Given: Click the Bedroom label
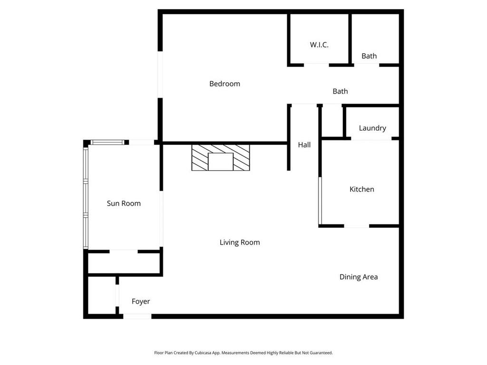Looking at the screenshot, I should (224, 84).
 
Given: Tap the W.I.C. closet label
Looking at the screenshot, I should (319, 45).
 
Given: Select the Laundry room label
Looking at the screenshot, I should (372, 128).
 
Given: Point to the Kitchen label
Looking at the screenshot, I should (361, 189).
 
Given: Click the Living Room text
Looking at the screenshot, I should (240, 242).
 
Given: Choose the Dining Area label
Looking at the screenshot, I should (359, 277).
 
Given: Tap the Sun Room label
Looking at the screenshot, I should (124, 203).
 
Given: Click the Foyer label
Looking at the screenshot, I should (141, 301).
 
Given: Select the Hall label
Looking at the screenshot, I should (304, 144).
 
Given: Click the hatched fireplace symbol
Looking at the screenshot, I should (221, 157).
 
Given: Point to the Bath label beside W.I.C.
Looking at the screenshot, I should (369, 56).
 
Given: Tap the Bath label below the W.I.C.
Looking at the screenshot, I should (340, 91).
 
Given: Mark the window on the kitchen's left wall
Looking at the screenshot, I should (320, 200).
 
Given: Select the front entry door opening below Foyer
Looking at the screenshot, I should (137, 316).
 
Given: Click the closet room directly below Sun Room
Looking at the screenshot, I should (124, 263).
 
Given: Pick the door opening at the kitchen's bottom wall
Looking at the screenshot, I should (357, 226).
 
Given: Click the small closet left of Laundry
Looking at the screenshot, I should (332, 122).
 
